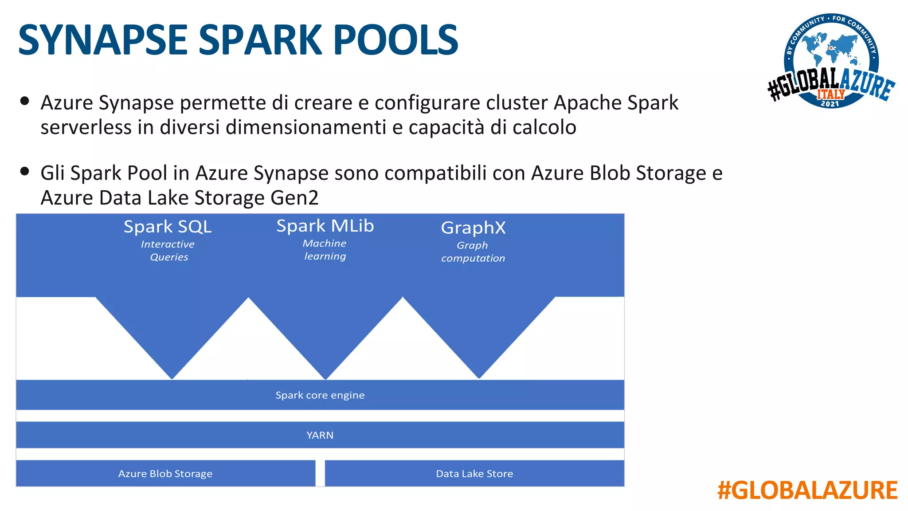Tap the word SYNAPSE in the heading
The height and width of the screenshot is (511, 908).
(103, 40)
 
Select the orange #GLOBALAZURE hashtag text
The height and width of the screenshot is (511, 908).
(807, 491)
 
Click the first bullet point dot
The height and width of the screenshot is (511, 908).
(25, 101)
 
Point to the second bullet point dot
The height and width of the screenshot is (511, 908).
(25, 171)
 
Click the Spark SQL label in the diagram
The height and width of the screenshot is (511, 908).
(168, 227)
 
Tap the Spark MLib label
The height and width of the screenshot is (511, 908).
(325, 226)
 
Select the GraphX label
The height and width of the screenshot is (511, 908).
(473, 228)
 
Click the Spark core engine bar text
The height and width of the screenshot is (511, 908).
(320, 395)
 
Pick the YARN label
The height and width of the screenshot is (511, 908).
(320, 435)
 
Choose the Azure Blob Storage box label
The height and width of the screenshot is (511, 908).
(165, 474)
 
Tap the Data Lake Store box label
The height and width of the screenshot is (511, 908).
(474, 474)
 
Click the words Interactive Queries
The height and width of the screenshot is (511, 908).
(168, 251)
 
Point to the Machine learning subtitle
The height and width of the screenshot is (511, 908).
(325, 250)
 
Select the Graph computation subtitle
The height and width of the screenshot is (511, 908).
(473, 252)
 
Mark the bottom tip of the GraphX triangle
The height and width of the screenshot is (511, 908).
(479, 377)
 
